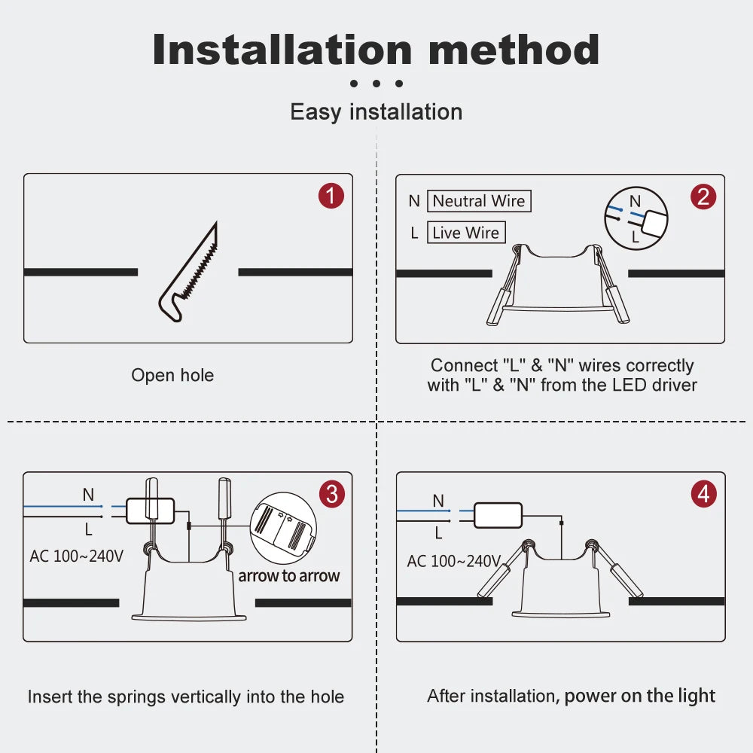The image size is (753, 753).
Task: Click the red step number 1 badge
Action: click(x=331, y=196)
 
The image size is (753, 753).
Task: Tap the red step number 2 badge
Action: click(x=703, y=197)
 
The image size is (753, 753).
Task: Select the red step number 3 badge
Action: click(x=332, y=494)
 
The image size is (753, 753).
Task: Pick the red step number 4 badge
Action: click(x=703, y=494)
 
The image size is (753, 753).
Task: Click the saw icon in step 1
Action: click(x=189, y=272)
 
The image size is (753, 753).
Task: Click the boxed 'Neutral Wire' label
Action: click(x=479, y=201)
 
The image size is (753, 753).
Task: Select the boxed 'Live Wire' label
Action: click(x=466, y=233)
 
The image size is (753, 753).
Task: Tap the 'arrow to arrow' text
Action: click(x=289, y=576)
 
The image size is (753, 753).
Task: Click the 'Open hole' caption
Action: click(x=172, y=375)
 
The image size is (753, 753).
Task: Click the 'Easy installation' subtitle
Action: click(x=376, y=112)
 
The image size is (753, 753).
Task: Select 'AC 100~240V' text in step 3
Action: click(x=76, y=556)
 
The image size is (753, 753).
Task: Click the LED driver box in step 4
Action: click(x=498, y=516)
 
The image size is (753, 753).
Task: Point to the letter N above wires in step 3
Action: click(x=88, y=495)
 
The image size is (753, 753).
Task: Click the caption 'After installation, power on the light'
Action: click(x=571, y=696)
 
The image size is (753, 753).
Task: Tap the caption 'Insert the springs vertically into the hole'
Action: click(x=186, y=697)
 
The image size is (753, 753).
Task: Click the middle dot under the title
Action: click(x=376, y=84)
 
